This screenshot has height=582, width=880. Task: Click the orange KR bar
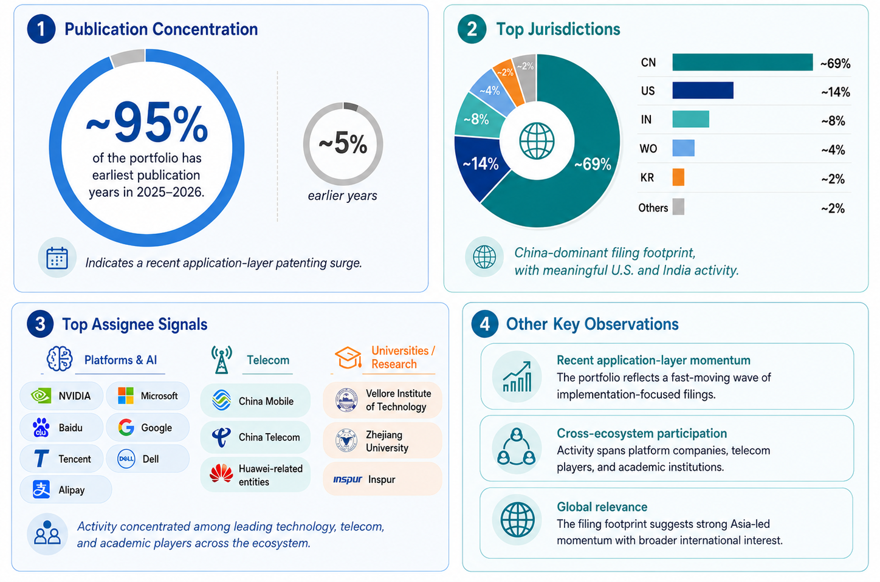coord(678,177)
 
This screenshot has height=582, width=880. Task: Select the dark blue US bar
coord(703,91)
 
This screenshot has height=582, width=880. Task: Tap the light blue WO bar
coord(683,148)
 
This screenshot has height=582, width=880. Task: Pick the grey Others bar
coord(678,207)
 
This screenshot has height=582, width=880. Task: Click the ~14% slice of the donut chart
coord(480,164)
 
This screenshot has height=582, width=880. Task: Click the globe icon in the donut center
coord(537,141)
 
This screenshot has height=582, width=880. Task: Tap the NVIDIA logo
coord(41,396)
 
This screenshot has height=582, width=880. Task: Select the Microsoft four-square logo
coord(126,395)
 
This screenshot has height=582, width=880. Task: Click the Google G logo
coord(126,427)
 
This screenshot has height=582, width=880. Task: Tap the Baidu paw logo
coord(41,427)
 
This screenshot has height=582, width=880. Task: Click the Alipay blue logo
coord(41,489)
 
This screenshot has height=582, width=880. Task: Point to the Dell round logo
coord(126,459)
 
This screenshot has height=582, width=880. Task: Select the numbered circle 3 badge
coord(40,324)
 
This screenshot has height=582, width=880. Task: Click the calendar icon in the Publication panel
coord(57,258)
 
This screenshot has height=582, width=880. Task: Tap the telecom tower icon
coord(222,359)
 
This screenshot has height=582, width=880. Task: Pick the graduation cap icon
coord(348,357)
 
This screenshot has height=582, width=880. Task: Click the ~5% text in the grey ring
coord(343,144)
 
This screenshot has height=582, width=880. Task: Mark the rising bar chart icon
coord(517,377)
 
